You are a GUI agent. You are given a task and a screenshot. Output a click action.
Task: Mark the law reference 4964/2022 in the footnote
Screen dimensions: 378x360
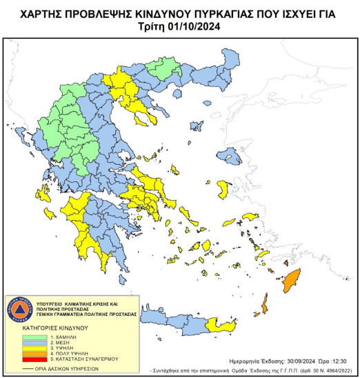pyautogui.click(x=339, y=368)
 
